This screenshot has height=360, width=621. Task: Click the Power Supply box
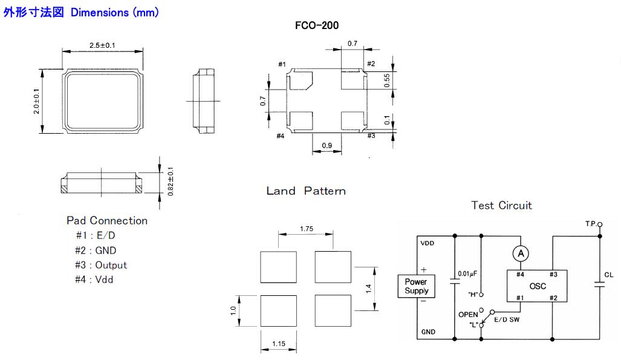click(x=416, y=286)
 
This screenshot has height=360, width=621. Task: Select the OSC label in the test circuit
click(x=538, y=286)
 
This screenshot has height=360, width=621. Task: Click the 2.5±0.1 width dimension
click(x=103, y=45)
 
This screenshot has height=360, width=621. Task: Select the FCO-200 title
click(x=316, y=25)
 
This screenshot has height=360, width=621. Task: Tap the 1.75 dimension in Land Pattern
click(x=306, y=229)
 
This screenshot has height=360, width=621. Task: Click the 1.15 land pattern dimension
click(x=278, y=344)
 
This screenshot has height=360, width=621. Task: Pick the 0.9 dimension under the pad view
click(x=327, y=145)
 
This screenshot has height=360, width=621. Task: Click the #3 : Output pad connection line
click(x=101, y=265)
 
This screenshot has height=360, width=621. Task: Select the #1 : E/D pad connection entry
click(x=95, y=236)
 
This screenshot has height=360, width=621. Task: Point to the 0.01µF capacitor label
click(x=468, y=273)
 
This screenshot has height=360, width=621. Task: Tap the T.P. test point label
click(x=591, y=224)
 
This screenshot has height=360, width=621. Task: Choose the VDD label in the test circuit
click(x=427, y=244)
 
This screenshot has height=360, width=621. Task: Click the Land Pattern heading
click(x=306, y=191)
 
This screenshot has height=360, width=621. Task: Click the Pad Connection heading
click(x=106, y=221)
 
